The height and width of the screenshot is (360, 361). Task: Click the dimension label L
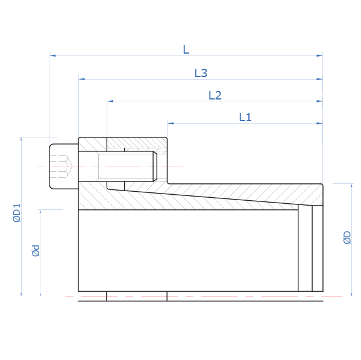point(186,49)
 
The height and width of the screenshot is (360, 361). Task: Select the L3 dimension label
point(201,73)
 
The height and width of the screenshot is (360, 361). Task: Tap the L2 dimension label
point(215,95)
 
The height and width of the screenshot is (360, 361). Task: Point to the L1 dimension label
point(245,117)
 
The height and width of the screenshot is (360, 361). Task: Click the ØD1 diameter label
point(17,213)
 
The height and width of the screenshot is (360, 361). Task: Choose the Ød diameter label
point(36,251)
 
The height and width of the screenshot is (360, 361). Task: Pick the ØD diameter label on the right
point(347,238)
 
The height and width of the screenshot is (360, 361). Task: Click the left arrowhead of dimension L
point(52,55)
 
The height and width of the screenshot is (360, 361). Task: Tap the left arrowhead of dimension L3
point(82,79)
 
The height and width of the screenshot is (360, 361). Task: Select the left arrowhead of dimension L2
point(110,101)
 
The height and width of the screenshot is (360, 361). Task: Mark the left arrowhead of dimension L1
point(171,123)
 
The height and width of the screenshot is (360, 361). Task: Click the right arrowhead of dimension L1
point(319,123)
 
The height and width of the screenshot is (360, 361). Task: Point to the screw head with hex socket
point(64,166)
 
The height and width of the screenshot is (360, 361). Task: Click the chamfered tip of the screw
point(155,166)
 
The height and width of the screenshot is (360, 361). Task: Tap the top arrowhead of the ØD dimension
point(351,187)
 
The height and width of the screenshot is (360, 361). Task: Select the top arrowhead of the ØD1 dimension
point(21,141)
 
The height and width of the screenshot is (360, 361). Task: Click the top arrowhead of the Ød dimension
point(40,213)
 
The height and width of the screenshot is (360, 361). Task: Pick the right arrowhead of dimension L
point(319,55)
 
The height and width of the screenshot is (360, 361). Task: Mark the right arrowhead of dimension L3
point(319,79)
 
